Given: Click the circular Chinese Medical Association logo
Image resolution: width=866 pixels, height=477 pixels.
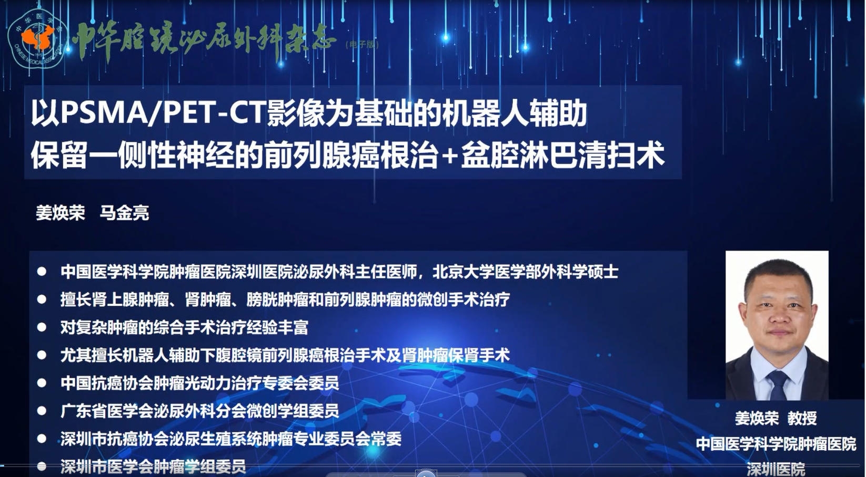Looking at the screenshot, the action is [x=37, y=38].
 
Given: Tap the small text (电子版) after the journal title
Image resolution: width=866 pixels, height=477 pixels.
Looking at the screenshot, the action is [x=362, y=44].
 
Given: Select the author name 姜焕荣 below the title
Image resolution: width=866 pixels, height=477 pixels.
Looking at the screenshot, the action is [x=61, y=213].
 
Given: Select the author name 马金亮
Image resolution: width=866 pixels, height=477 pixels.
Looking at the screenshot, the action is [x=125, y=213].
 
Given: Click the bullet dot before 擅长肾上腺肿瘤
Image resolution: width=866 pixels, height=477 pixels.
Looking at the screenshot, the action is [x=42, y=299].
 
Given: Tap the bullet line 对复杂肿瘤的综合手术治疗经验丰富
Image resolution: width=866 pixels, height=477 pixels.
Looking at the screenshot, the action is [x=185, y=328].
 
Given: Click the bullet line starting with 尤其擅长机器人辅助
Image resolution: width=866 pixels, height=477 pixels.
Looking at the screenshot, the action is [x=285, y=356].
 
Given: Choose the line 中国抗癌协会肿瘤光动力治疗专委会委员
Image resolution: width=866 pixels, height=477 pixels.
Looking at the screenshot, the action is [x=200, y=383].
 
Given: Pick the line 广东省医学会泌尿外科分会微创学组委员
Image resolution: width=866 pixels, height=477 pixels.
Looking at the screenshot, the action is [x=200, y=411].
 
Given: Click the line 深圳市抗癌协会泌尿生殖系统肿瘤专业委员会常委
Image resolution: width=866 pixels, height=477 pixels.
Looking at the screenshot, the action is [x=231, y=439].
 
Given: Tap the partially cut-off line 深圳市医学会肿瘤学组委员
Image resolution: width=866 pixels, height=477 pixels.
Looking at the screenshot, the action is [x=153, y=466].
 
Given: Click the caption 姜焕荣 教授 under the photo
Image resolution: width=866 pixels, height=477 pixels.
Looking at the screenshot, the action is [x=776, y=418].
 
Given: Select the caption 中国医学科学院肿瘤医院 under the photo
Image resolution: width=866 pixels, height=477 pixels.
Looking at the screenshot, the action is [x=777, y=444].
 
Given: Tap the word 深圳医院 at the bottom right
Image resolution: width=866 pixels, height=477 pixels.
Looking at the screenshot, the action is [x=776, y=469].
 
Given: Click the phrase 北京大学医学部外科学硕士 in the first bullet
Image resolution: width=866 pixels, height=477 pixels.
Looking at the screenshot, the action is [x=526, y=272].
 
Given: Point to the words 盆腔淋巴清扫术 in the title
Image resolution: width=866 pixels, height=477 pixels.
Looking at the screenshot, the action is [x=563, y=155].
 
